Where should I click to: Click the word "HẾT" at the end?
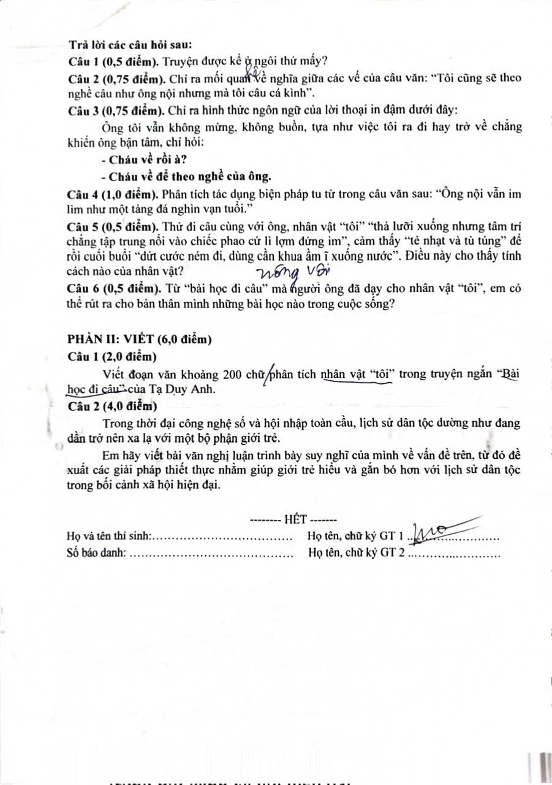[x=298, y=519]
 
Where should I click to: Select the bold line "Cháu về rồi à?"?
[x=138, y=161]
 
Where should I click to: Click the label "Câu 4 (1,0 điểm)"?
[x=109, y=194]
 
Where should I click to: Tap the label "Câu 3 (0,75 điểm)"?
[x=112, y=110]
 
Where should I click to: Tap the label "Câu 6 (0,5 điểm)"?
[x=109, y=289]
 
